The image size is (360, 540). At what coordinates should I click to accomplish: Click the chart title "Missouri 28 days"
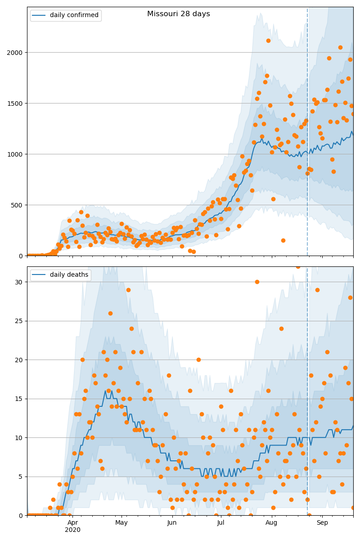pos(178,14)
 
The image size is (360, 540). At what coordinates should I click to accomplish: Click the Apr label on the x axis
pos(72,523)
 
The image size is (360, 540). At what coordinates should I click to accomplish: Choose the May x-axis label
pos(121,523)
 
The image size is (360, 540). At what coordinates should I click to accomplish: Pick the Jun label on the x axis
pos(172,523)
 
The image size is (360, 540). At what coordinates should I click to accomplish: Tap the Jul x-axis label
pos(220,523)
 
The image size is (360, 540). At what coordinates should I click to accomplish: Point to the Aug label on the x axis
pos(271,523)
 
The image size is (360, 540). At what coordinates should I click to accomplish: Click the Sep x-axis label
pos(322,523)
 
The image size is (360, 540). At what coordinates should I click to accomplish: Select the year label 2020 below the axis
pos(72,530)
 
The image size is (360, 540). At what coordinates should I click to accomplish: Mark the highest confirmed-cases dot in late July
pos(268,40)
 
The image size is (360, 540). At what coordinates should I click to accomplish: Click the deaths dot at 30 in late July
pos(257,282)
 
